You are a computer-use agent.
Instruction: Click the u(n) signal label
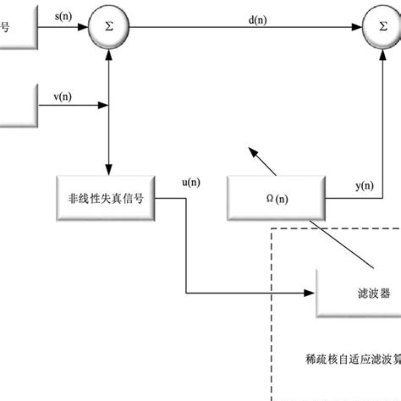pos(191,181)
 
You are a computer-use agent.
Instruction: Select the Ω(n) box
pos(275,199)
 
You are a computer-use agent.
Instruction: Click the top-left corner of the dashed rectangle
pos(271,227)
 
